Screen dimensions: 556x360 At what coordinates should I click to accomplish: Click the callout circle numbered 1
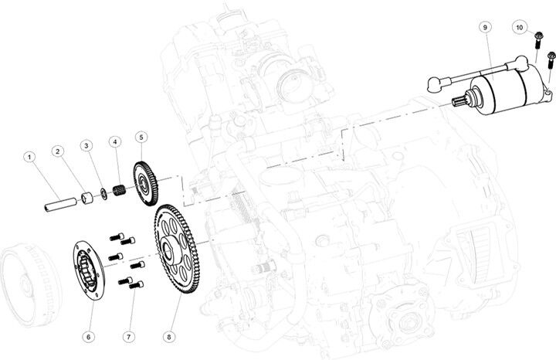coord(29,157)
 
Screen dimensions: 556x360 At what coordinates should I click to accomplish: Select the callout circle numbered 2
coord(57,151)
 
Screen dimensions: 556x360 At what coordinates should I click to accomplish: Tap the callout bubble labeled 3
coord(86,145)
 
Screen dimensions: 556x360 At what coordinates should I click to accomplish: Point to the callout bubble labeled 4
coord(115,142)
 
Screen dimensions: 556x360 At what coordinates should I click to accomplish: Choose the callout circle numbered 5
coord(141,138)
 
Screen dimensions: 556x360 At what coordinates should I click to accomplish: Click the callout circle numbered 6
coord(89,336)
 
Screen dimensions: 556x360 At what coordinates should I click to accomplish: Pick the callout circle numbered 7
coord(129,336)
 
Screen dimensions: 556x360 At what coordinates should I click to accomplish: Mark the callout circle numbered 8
coord(169,336)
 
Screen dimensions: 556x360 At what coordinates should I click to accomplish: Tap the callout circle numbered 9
coord(485,27)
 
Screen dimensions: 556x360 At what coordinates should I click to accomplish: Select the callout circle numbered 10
coord(520,27)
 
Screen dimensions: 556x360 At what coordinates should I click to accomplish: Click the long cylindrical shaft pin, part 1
coord(61,205)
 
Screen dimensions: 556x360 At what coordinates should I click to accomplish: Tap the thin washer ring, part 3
coord(104,194)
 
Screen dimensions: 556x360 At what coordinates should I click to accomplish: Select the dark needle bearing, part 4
coord(119,190)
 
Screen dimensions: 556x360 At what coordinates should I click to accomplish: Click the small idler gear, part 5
coord(146,183)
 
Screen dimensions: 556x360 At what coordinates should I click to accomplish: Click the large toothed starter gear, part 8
coord(177,249)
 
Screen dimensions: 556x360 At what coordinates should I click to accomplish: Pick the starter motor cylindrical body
coord(507,90)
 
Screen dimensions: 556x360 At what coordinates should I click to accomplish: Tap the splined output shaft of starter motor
coord(460,100)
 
